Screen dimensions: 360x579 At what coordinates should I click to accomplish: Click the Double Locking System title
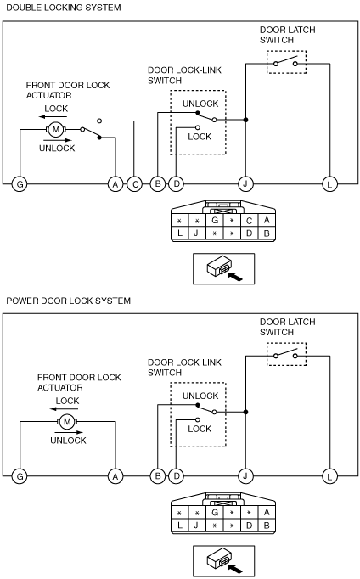click(64, 8)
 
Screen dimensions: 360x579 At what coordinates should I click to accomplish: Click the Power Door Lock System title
click(68, 301)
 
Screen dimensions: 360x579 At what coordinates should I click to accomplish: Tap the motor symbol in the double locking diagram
click(56, 130)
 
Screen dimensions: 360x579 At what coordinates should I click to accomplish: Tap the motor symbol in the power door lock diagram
click(67, 422)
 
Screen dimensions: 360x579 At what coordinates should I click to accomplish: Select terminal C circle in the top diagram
click(135, 184)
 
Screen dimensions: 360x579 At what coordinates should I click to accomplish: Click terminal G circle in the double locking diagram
click(20, 184)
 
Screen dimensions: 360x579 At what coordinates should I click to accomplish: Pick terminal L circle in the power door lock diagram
click(329, 476)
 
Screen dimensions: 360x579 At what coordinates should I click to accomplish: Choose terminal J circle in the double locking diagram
click(245, 184)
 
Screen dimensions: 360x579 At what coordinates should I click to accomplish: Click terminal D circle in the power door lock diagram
click(176, 476)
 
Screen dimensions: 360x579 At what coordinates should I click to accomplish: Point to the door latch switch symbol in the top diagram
click(286, 62)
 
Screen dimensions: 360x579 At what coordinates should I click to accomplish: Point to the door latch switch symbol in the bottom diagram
click(286, 354)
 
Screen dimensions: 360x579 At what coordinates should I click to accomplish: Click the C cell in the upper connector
click(250, 221)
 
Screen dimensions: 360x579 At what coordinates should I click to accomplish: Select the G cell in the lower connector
click(215, 513)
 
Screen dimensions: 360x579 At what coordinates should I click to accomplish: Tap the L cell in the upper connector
click(180, 233)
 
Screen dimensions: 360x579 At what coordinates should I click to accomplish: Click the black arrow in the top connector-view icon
click(235, 276)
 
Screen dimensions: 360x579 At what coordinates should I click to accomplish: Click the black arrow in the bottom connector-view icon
click(235, 569)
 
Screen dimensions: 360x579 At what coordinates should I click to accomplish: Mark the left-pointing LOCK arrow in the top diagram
click(53, 117)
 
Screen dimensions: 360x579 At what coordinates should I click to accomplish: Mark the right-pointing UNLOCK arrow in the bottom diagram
click(69, 432)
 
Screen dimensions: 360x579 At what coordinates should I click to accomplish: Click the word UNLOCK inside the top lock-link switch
click(200, 104)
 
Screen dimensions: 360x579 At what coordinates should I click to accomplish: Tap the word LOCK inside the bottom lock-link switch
click(200, 429)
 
